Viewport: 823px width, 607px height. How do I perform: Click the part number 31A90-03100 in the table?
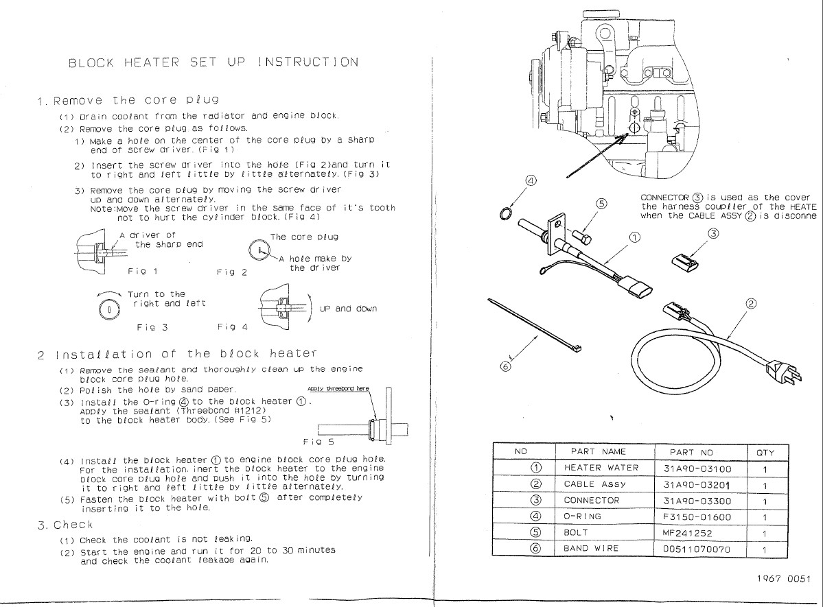[x=697, y=468]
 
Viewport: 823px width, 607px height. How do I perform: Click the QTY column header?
[x=765, y=452]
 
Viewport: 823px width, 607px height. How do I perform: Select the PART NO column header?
[x=697, y=452]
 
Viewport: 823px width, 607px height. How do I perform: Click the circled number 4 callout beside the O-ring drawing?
[x=531, y=181]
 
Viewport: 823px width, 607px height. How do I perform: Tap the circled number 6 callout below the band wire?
[x=506, y=366]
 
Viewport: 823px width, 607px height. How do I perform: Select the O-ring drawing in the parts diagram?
[x=505, y=215]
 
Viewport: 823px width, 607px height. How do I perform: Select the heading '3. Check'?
[x=64, y=525]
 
